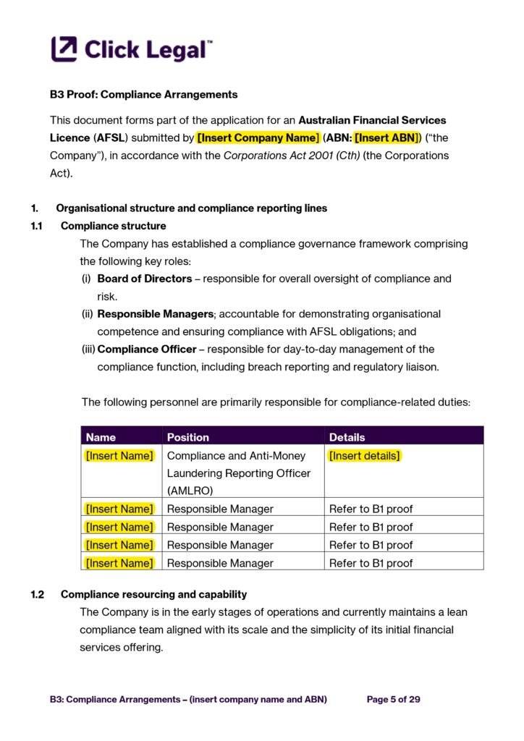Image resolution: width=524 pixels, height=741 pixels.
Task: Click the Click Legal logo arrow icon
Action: coord(64,49)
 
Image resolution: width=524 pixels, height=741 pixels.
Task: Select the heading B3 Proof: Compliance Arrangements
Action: coord(143,95)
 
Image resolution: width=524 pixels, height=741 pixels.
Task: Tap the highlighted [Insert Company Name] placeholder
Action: coord(258,137)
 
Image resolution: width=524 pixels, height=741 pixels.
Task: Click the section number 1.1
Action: coord(37,226)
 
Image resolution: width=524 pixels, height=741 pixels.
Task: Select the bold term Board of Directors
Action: coord(145,279)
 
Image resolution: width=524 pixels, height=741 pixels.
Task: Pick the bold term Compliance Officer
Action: coord(147,350)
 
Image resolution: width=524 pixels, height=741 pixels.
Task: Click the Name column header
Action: coord(101,437)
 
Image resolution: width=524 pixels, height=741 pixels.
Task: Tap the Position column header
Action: coord(187,437)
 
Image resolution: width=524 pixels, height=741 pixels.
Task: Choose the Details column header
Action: coord(347,437)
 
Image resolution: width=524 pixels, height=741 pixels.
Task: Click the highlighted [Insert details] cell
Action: coord(364,456)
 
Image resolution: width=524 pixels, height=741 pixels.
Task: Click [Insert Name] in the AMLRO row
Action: coord(119,456)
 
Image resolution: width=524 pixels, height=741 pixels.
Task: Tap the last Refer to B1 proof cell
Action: coord(371,563)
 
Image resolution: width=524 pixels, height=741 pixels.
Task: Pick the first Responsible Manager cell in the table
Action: coord(220,509)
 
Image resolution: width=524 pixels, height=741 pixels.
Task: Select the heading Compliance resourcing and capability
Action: coord(153,594)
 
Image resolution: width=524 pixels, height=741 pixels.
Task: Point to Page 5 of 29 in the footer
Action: coord(393,699)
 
